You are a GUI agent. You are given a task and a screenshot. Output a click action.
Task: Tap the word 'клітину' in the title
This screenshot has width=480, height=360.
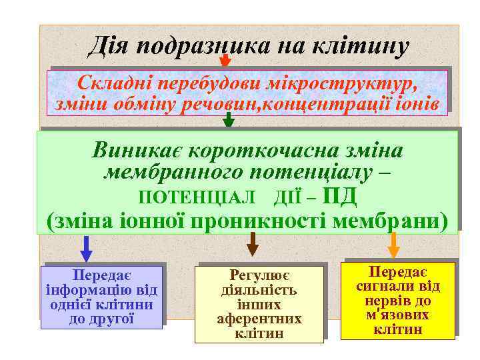[x=359, y=47]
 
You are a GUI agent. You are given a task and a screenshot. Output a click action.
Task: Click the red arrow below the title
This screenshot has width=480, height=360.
[x=225, y=61]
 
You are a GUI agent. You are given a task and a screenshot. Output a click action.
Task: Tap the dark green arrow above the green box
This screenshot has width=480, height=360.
[x=229, y=120]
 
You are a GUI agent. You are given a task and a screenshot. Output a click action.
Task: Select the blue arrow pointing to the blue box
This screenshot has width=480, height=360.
[x=86, y=249]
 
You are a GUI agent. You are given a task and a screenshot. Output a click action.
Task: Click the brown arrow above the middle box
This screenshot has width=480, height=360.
[x=252, y=245]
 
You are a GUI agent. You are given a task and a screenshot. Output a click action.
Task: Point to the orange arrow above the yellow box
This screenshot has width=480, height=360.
[x=393, y=245]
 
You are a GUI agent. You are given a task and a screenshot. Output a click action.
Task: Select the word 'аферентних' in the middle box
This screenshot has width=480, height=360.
[x=259, y=319]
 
